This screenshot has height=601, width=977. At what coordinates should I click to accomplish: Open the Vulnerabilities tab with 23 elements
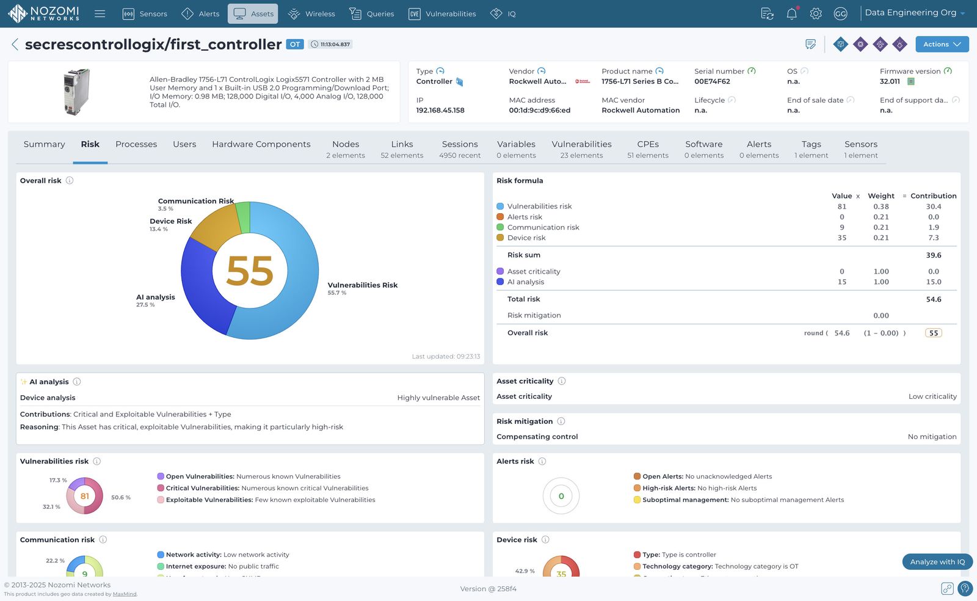[x=581, y=149]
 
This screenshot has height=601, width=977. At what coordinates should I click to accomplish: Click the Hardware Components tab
[x=261, y=144]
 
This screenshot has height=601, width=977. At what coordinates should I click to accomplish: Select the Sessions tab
[x=459, y=149]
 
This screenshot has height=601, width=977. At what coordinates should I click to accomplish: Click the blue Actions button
[x=942, y=44]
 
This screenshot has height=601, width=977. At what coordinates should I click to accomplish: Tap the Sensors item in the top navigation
[x=145, y=13]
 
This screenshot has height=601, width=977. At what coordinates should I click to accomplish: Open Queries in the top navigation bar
[x=371, y=13]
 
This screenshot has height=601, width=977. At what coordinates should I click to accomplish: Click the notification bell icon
[x=791, y=13]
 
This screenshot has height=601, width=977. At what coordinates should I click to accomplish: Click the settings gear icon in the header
[x=816, y=13]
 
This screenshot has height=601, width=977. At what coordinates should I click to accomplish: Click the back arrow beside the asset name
[x=15, y=44]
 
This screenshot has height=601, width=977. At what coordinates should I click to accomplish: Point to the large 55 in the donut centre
[x=249, y=271]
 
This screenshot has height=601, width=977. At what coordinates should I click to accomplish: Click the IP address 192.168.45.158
[x=440, y=111]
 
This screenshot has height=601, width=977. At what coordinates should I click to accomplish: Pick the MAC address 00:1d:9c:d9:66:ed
[x=539, y=111]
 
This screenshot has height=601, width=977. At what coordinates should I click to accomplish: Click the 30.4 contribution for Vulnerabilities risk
[x=933, y=206]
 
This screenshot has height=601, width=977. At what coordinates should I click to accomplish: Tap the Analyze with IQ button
[x=937, y=562]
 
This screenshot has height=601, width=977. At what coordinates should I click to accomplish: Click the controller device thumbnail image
[x=77, y=92]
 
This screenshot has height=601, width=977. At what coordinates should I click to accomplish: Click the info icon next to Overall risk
[x=70, y=181]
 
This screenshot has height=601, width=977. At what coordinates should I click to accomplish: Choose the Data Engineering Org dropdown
[x=914, y=13]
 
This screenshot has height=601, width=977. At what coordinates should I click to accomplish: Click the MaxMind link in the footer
[x=125, y=594]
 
